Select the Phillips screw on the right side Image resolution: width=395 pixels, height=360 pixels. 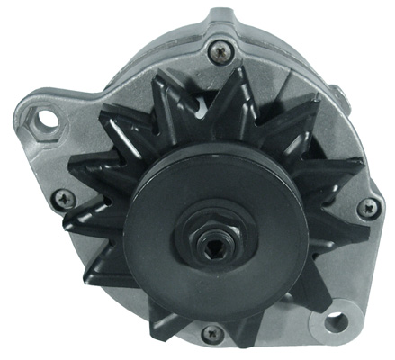click(367, 208)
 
